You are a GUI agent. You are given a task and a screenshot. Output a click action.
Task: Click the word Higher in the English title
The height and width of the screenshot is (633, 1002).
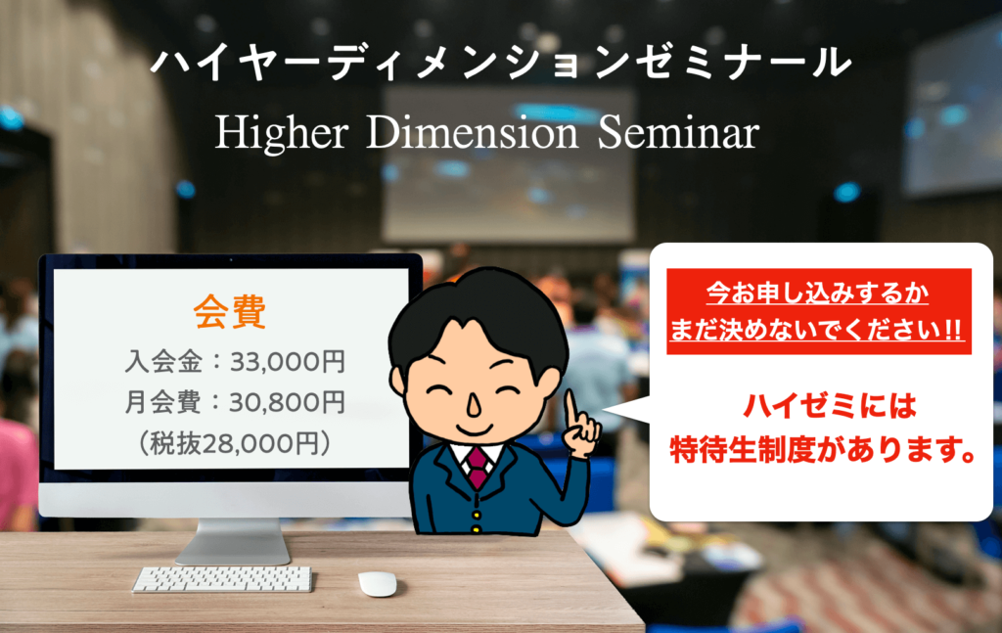point(282,133)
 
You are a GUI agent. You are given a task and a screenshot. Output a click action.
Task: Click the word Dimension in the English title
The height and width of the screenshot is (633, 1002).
point(473,132)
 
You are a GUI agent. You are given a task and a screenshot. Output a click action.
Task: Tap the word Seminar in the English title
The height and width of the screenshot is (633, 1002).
point(679,132)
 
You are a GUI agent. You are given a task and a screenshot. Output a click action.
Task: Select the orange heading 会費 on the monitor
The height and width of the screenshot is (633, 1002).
point(230,312)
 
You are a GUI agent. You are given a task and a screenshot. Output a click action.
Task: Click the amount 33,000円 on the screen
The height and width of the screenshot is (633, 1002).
point(288,362)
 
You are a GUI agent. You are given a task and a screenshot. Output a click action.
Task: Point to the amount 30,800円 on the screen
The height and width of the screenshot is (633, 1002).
point(288,402)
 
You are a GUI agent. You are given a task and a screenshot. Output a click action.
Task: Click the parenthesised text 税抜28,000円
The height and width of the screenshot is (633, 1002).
point(235,443)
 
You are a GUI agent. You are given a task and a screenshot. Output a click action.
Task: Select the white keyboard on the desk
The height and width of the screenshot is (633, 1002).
point(222,579)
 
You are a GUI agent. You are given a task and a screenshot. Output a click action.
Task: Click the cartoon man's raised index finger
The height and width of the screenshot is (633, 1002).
point(571,408)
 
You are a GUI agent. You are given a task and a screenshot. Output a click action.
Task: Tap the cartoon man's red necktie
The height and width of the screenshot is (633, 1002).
point(478,467)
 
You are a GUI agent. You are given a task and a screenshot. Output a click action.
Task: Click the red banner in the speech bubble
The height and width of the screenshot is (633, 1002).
point(819,311)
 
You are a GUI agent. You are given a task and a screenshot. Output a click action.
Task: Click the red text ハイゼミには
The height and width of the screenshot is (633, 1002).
point(830,406)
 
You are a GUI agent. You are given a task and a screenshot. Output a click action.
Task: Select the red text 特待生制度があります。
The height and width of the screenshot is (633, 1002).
point(823,450)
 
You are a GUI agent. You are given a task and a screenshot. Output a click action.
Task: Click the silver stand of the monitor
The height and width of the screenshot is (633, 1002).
point(234,541)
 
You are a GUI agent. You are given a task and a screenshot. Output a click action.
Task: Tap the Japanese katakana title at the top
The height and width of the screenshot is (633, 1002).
point(502,63)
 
